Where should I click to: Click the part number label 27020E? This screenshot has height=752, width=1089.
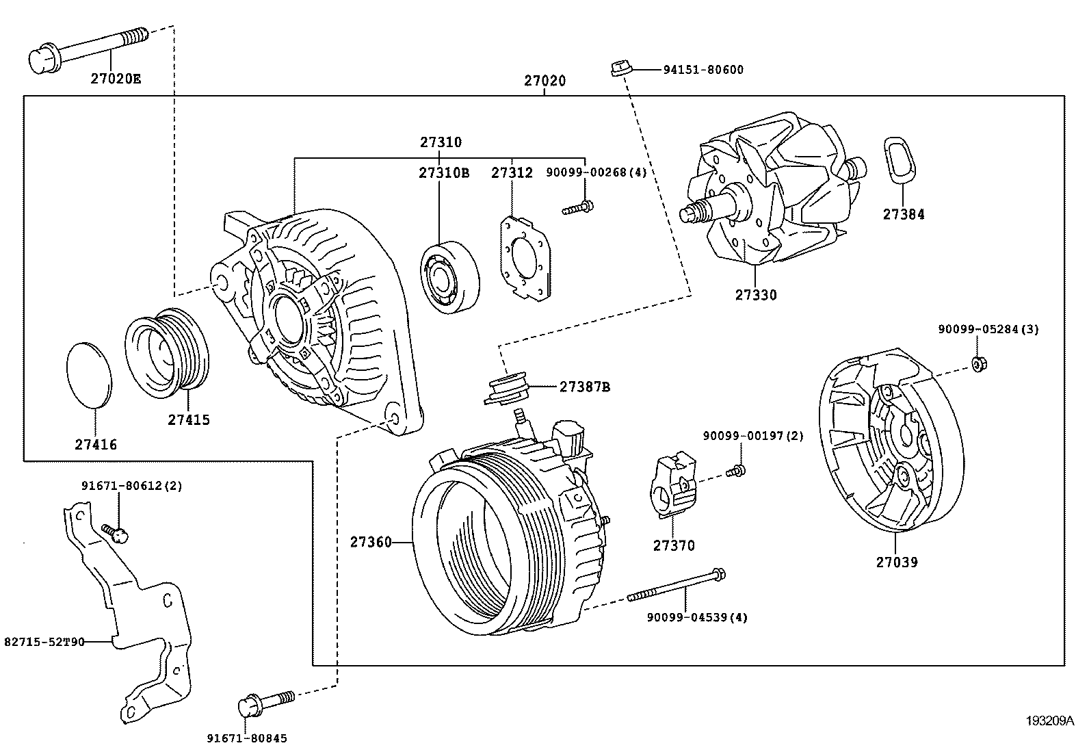(116, 79)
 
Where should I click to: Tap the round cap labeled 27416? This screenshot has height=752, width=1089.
(90, 373)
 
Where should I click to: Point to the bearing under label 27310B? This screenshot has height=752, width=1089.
(449, 278)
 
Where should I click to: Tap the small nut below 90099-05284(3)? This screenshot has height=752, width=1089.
(978, 363)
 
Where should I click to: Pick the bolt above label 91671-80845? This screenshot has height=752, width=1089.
(266, 702)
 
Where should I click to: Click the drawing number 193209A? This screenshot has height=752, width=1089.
(1049, 721)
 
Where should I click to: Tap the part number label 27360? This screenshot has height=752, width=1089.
(371, 543)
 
